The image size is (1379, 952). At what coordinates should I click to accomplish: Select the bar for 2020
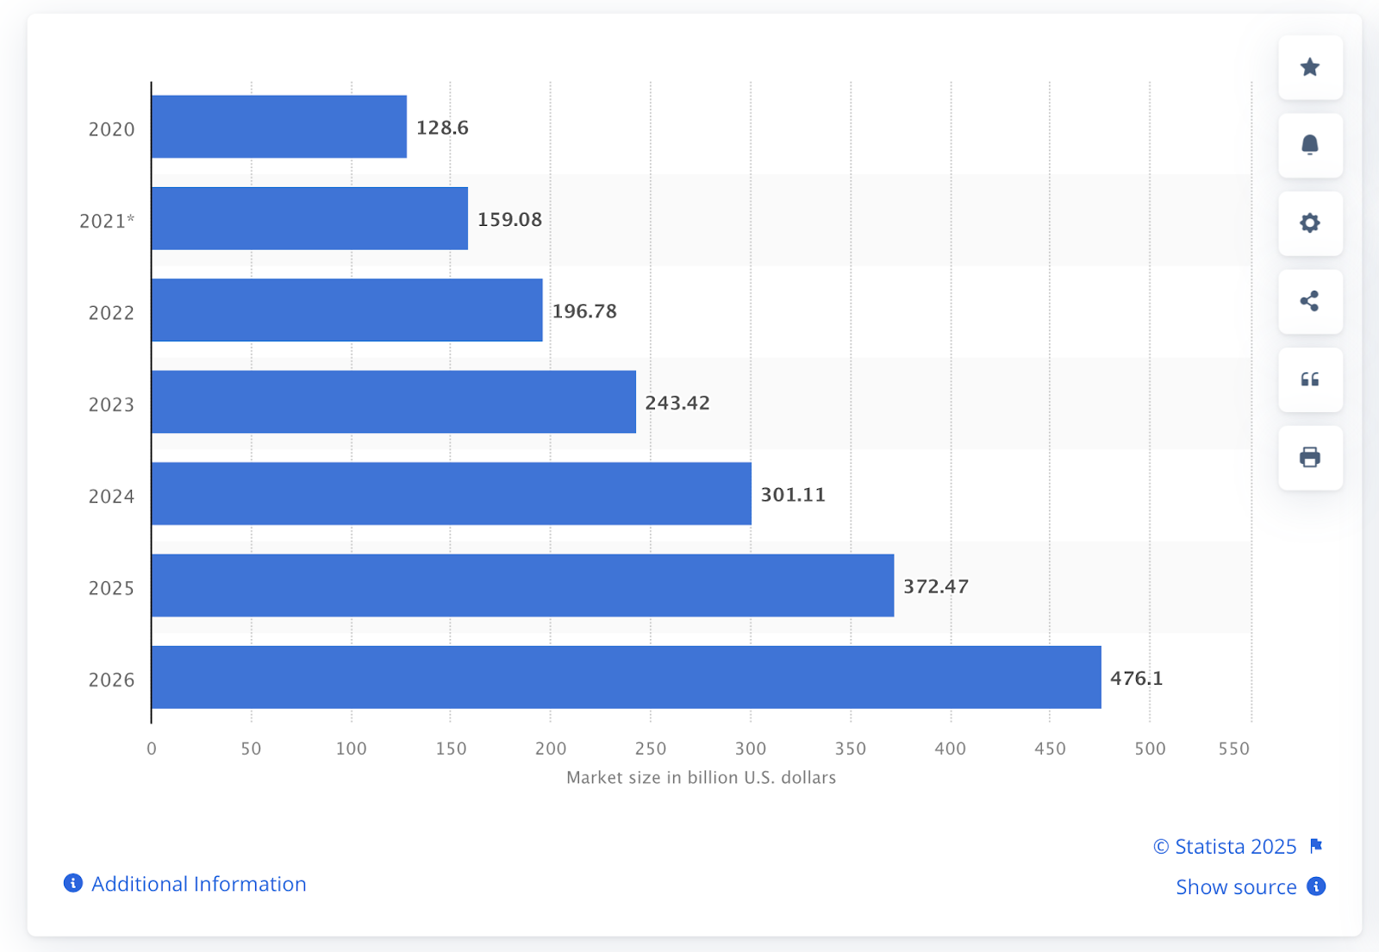(x=278, y=127)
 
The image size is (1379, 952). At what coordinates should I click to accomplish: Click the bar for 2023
(x=393, y=402)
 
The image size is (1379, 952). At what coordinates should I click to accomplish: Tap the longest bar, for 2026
(x=626, y=677)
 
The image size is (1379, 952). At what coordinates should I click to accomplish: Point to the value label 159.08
(x=509, y=219)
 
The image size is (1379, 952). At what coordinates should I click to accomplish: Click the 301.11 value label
(x=792, y=494)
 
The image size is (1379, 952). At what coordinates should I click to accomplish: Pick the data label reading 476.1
(x=1136, y=678)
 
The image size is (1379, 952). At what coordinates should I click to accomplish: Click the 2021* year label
(x=107, y=221)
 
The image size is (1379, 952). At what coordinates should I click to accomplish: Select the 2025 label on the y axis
(x=111, y=588)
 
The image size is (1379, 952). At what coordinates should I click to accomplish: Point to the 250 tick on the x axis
(x=650, y=748)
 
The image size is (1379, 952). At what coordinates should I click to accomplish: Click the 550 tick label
(x=1233, y=748)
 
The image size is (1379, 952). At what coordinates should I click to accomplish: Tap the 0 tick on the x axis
(x=152, y=748)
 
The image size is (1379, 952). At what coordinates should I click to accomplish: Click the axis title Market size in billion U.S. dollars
(x=701, y=777)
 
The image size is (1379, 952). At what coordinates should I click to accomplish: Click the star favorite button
(x=1309, y=67)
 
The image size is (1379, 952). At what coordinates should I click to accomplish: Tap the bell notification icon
(x=1309, y=145)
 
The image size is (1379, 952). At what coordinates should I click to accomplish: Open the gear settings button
(x=1309, y=223)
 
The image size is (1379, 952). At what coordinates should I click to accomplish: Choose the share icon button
(x=1309, y=301)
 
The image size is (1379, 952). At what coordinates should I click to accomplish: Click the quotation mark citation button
(x=1309, y=379)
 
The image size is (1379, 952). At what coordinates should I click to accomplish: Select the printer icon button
(x=1309, y=457)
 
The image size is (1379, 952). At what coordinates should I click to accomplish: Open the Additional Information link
(x=198, y=884)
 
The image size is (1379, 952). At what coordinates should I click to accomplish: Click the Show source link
(x=1236, y=886)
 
